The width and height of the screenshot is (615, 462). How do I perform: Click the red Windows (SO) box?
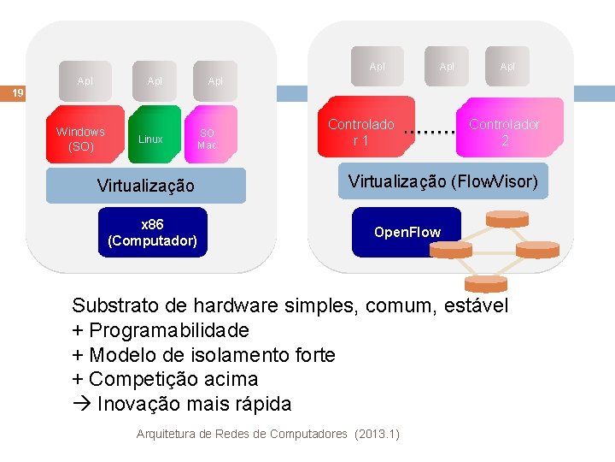tap(80, 138)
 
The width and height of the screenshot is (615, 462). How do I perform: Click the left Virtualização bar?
tap(145, 186)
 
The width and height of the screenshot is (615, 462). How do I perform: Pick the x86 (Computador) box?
tap(152, 232)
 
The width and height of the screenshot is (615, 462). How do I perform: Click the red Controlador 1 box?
tap(361, 132)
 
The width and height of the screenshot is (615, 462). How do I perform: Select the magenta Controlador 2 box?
tap(505, 132)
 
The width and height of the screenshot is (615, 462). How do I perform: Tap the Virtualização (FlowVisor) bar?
tap(442, 181)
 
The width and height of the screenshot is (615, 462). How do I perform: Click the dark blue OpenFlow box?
tap(407, 232)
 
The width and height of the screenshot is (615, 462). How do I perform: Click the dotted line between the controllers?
tap(429, 133)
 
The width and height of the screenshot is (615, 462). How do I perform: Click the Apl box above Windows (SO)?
tap(85, 81)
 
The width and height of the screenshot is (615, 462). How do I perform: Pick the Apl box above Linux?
tap(155, 81)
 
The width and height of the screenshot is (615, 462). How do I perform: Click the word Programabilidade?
tap(169, 330)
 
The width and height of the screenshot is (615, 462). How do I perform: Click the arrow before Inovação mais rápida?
tap(81, 404)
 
